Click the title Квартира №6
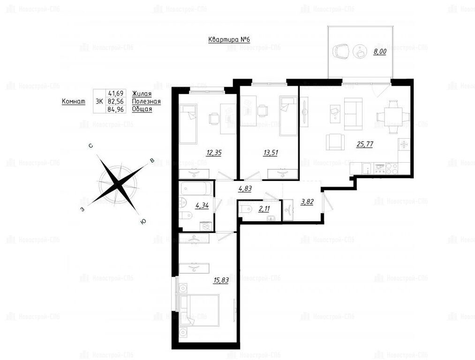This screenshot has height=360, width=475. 229,40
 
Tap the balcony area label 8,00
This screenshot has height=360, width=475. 379,52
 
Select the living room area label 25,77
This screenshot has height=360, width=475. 365,144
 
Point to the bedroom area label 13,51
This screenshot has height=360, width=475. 270,153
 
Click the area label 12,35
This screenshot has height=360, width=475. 213,153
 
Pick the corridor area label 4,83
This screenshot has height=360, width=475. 245,188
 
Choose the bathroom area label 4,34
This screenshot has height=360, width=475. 202,206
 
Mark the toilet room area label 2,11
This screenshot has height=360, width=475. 264,209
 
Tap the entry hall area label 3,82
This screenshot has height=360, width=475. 307,202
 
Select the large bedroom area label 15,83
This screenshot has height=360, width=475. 221,280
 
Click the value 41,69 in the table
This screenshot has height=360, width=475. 116,94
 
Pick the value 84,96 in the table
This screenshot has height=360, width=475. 116,109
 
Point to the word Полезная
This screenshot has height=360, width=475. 146,101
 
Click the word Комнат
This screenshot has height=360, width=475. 74,101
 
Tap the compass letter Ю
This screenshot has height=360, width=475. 143,222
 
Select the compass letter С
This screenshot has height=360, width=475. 90,146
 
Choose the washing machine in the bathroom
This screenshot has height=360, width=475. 206,226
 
